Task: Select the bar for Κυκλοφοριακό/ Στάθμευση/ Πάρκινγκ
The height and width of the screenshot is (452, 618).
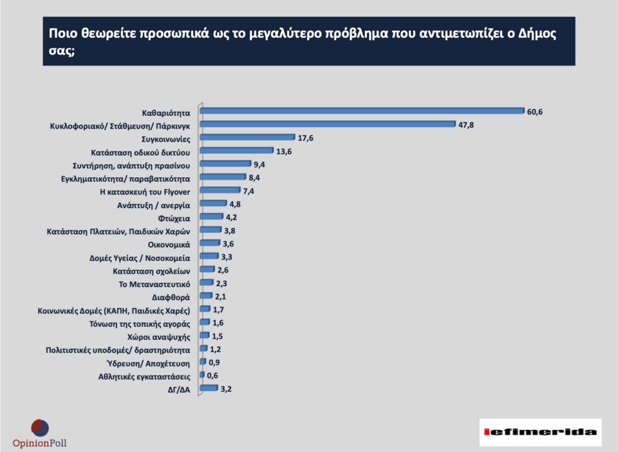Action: click(328, 124)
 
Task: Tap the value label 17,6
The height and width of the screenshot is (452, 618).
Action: click(305, 138)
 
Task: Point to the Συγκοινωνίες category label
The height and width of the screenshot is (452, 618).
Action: click(165, 138)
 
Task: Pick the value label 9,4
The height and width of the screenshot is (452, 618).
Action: click(259, 164)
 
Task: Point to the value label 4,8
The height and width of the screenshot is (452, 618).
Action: click(235, 204)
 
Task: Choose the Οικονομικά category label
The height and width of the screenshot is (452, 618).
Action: click(169, 244)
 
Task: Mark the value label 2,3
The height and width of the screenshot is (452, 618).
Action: click(222, 283)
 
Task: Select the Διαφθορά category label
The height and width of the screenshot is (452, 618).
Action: click(171, 297)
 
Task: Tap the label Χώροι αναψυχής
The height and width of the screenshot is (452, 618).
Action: click(159, 336)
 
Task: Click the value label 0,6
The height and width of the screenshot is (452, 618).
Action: click(212, 375)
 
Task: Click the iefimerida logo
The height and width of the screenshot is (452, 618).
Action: click(540, 432)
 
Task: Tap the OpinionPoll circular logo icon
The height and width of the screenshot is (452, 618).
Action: click(40, 428)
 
